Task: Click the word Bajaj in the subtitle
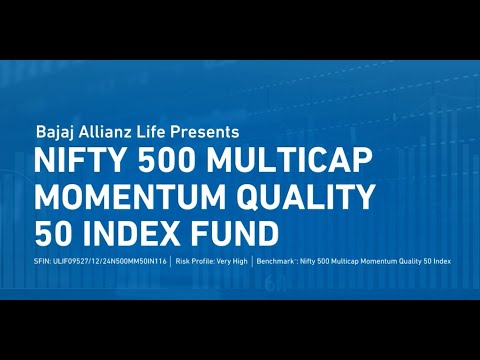click(x=54, y=132)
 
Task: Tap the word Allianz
click(x=106, y=132)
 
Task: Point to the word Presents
click(x=205, y=132)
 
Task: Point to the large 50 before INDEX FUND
click(x=52, y=233)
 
